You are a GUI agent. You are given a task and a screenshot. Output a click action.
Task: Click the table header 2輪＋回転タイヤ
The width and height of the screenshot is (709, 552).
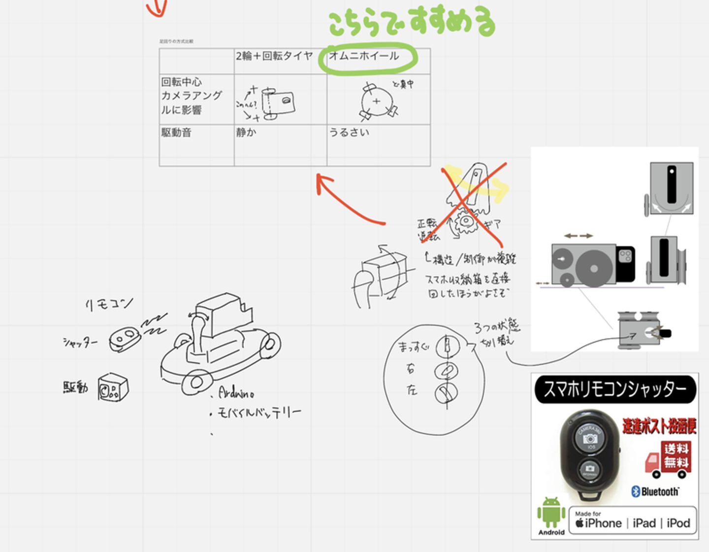(x=274, y=56)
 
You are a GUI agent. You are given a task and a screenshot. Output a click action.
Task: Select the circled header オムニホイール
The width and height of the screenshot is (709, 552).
(x=364, y=56)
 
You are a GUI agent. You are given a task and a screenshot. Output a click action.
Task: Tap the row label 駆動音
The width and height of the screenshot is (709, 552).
(x=176, y=132)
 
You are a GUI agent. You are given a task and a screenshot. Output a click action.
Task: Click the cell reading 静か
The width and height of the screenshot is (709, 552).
(x=246, y=132)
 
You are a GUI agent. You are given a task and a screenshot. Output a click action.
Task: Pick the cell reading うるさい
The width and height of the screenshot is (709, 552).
(x=349, y=132)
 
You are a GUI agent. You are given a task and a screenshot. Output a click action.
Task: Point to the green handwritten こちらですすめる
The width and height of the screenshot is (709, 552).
(x=411, y=22)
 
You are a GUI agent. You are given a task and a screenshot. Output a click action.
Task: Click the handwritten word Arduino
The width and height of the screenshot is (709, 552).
(x=236, y=393)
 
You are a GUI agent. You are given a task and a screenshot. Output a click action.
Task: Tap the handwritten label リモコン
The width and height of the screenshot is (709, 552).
(x=109, y=304)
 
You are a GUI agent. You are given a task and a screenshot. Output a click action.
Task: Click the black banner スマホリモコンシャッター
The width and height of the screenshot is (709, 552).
(x=615, y=389)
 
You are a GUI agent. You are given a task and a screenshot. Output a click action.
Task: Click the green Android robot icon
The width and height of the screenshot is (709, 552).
(x=551, y=512)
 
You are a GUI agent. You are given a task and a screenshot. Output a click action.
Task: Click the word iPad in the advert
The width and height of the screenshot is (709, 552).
(x=644, y=523)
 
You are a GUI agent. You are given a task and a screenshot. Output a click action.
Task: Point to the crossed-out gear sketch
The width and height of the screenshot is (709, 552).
(x=466, y=222)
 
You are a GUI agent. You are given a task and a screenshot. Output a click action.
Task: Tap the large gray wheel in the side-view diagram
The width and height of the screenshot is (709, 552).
(x=594, y=268)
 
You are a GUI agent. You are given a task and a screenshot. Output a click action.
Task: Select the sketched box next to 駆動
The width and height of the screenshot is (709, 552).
(x=113, y=388)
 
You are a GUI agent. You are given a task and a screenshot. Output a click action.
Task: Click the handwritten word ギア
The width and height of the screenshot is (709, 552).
(x=492, y=225)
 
